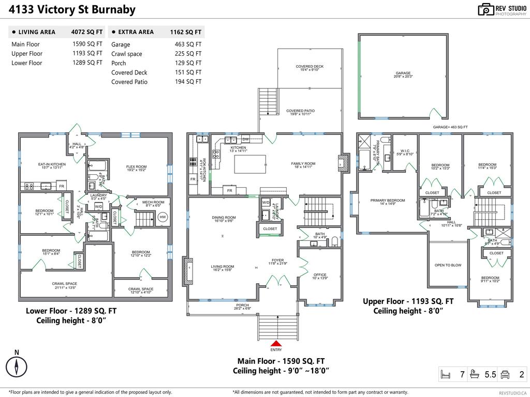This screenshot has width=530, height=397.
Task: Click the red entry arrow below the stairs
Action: coord(276,343)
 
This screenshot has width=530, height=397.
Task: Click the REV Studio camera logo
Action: coord(486,9)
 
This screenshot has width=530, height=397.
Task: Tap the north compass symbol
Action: coord(17,367)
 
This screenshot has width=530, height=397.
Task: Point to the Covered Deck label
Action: coord(310,67)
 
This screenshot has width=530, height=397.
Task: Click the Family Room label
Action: coord(303,164)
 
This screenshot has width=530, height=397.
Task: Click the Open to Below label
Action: coord(448,265)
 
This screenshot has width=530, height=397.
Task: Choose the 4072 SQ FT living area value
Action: coord(87,32)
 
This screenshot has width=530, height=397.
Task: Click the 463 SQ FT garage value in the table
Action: coord(188,44)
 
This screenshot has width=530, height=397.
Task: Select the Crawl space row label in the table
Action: coord(126,54)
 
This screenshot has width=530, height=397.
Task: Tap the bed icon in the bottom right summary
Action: coord(446,374)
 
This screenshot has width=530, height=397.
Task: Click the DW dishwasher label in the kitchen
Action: coord(245,139)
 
